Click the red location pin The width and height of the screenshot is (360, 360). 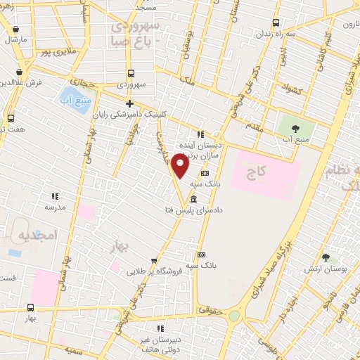[180, 166]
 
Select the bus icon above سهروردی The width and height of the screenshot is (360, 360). [131, 73]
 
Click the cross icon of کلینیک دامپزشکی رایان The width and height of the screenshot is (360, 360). [129, 103]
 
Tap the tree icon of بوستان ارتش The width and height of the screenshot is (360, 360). [326, 258]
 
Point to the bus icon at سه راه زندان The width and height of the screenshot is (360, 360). [275, 22]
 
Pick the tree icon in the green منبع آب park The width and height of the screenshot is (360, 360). [295, 129]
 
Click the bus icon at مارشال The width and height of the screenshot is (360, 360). [15, 30]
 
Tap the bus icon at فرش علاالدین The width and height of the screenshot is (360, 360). [18, 72]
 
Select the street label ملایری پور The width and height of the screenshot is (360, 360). [58, 51]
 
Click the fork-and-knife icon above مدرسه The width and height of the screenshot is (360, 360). [55, 196]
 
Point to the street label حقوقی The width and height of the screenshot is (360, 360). [209, 308]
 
